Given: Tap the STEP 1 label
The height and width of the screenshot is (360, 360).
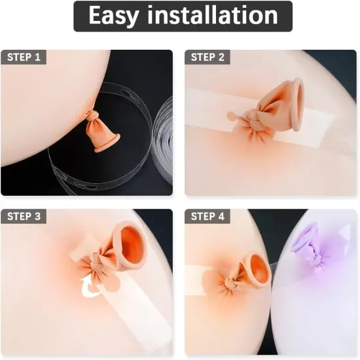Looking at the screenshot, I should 24,57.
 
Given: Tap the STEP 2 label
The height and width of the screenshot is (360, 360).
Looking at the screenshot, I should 207,57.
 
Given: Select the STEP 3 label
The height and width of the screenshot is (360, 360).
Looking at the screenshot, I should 24,216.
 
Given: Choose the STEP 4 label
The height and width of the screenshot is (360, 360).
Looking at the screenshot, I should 207,216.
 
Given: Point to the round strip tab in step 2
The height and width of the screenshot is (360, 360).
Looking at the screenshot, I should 230,117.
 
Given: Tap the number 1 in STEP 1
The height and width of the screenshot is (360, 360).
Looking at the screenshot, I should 37,57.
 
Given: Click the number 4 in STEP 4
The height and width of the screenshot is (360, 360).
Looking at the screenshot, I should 221,216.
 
